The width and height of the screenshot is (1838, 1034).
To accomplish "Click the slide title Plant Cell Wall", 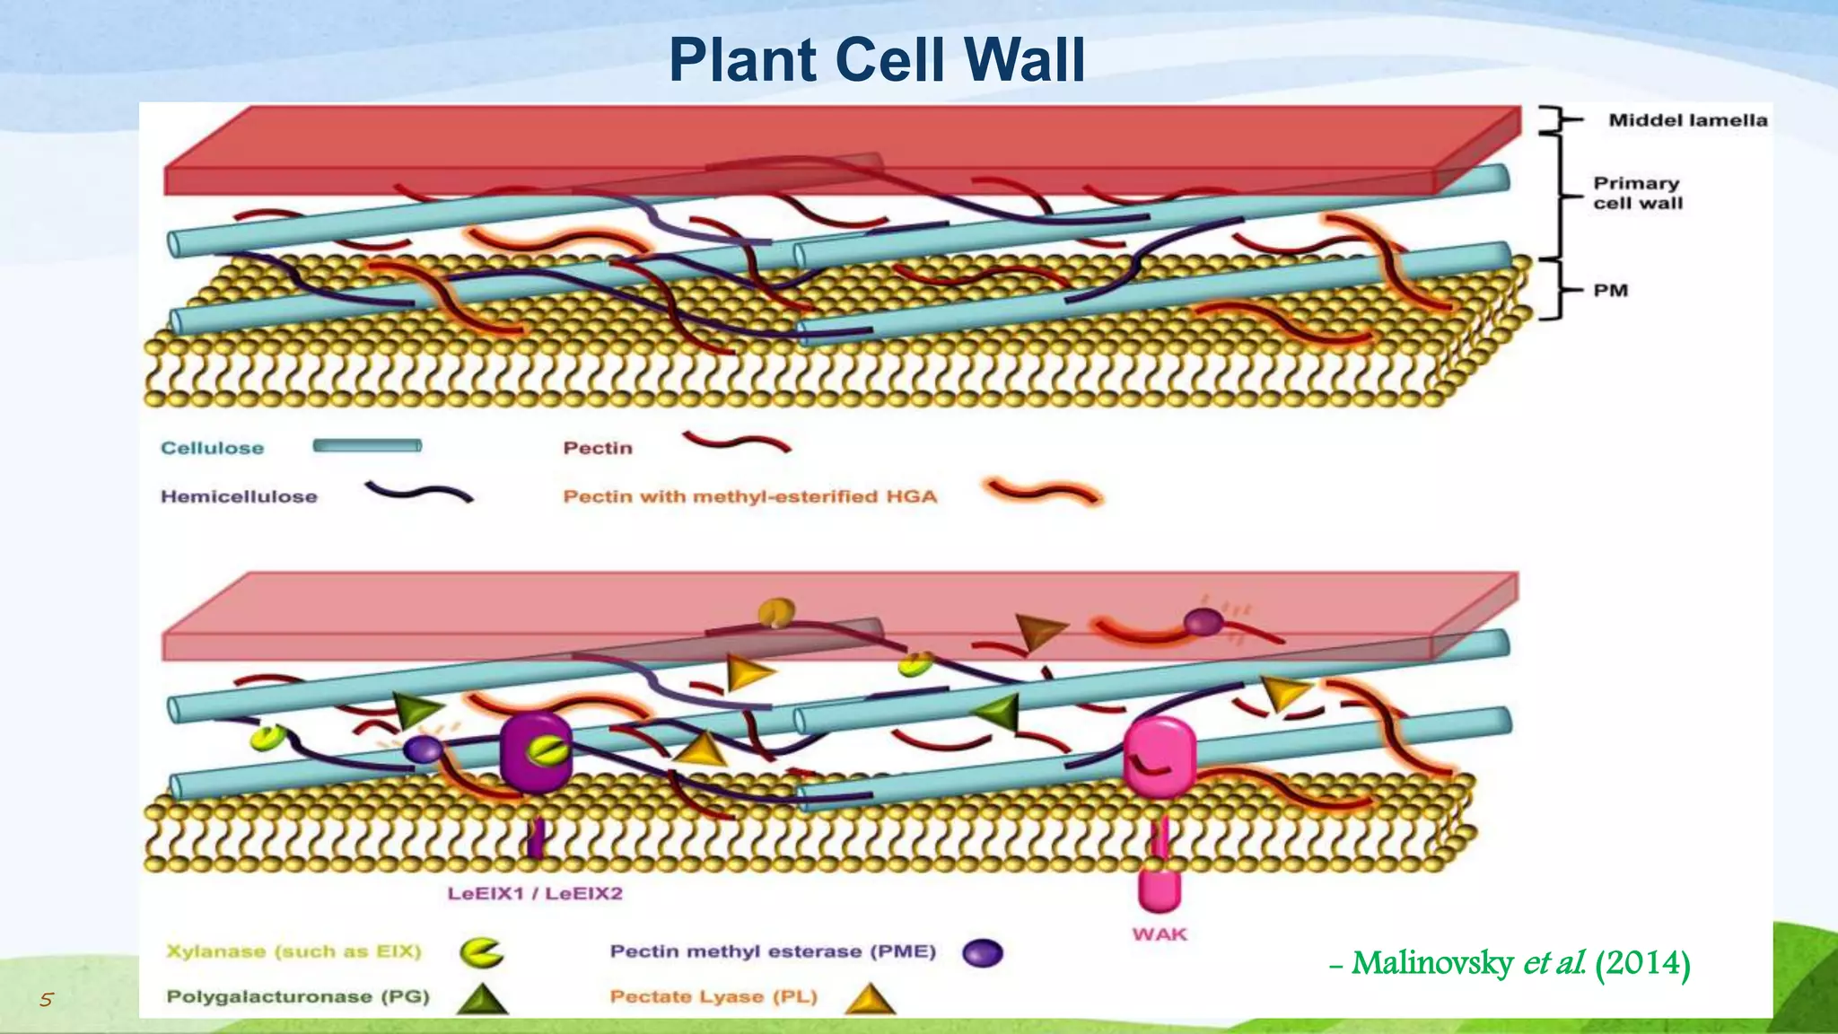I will tap(877, 60).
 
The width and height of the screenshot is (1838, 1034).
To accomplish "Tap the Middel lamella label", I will tap(1687, 120).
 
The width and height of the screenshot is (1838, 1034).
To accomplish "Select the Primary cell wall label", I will tap(1637, 193).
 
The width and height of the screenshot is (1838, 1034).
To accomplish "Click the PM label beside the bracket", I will tap(1610, 291).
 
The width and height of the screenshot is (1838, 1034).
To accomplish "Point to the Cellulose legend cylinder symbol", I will tap(367, 446).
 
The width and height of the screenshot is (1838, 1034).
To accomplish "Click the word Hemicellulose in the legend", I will tap(239, 496).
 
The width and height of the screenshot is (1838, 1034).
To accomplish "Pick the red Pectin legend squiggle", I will tap(736, 442).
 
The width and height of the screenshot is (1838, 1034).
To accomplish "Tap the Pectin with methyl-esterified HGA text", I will tap(749, 496).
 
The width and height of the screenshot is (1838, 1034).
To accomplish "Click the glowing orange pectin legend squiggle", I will tap(1043, 492).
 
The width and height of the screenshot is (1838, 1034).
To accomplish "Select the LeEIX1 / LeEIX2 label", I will tap(535, 893).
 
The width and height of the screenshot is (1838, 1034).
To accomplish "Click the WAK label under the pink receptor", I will tap(1160, 934).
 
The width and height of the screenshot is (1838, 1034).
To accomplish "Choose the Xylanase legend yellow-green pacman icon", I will tap(481, 952).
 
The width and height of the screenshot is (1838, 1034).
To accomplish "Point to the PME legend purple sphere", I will tap(982, 953).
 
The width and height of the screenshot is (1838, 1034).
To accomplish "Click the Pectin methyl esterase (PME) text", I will tap(773, 951).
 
